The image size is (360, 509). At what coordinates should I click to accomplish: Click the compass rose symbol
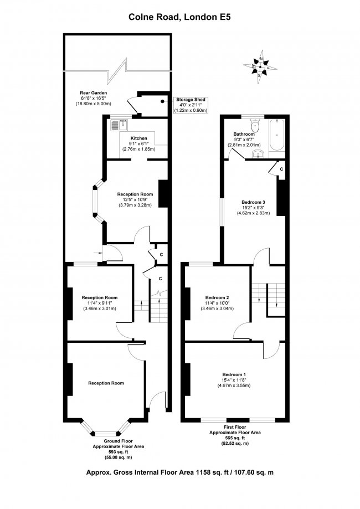(261, 65)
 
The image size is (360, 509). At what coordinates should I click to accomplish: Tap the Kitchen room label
(138, 137)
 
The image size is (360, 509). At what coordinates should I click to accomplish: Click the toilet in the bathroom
(255, 125)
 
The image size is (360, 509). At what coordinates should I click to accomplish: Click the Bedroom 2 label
(217, 297)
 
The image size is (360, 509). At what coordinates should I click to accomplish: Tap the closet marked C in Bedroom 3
(281, 168)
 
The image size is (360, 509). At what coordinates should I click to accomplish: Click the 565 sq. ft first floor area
(235, 438)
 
